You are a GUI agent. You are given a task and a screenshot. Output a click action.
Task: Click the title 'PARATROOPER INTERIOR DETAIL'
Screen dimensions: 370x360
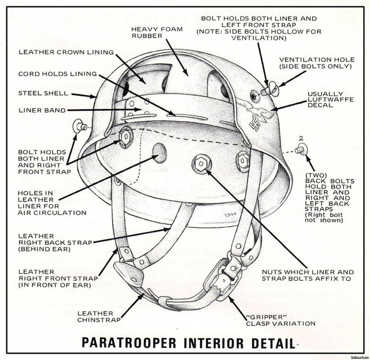(188, 343)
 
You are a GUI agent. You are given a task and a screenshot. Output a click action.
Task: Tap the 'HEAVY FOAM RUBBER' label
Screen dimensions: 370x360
(157, 32)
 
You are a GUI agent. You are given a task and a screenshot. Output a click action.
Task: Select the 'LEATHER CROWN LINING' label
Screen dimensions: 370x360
(66, 52)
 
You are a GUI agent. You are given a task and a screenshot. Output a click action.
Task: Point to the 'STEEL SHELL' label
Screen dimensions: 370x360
(43, 93)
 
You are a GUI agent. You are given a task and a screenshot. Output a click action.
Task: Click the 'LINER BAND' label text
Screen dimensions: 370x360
(42, 111)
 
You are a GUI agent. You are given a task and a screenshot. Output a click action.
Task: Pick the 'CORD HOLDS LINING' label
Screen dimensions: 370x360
(58, 74)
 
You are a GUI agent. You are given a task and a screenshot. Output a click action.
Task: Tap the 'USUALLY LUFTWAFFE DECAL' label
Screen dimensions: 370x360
(331, 100)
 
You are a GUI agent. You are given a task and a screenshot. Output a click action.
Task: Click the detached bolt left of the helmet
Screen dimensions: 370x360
(80, 126)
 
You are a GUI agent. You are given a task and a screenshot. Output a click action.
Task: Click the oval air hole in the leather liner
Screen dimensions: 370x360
(160, 153)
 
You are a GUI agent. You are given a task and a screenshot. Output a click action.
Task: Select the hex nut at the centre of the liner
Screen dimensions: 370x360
(201, 163)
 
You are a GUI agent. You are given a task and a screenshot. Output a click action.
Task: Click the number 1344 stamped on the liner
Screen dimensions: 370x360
(230, 215)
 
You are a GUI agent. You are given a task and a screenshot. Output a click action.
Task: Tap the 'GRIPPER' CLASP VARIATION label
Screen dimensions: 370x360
(280, 320)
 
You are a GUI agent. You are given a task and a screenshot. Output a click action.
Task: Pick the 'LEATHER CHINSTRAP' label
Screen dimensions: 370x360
(99, 317)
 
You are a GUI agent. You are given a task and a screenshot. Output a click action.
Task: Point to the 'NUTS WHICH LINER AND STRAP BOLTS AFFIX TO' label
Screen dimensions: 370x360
(308, 275)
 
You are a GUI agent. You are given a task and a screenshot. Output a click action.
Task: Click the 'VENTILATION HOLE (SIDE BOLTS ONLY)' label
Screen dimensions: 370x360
(317, 63)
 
